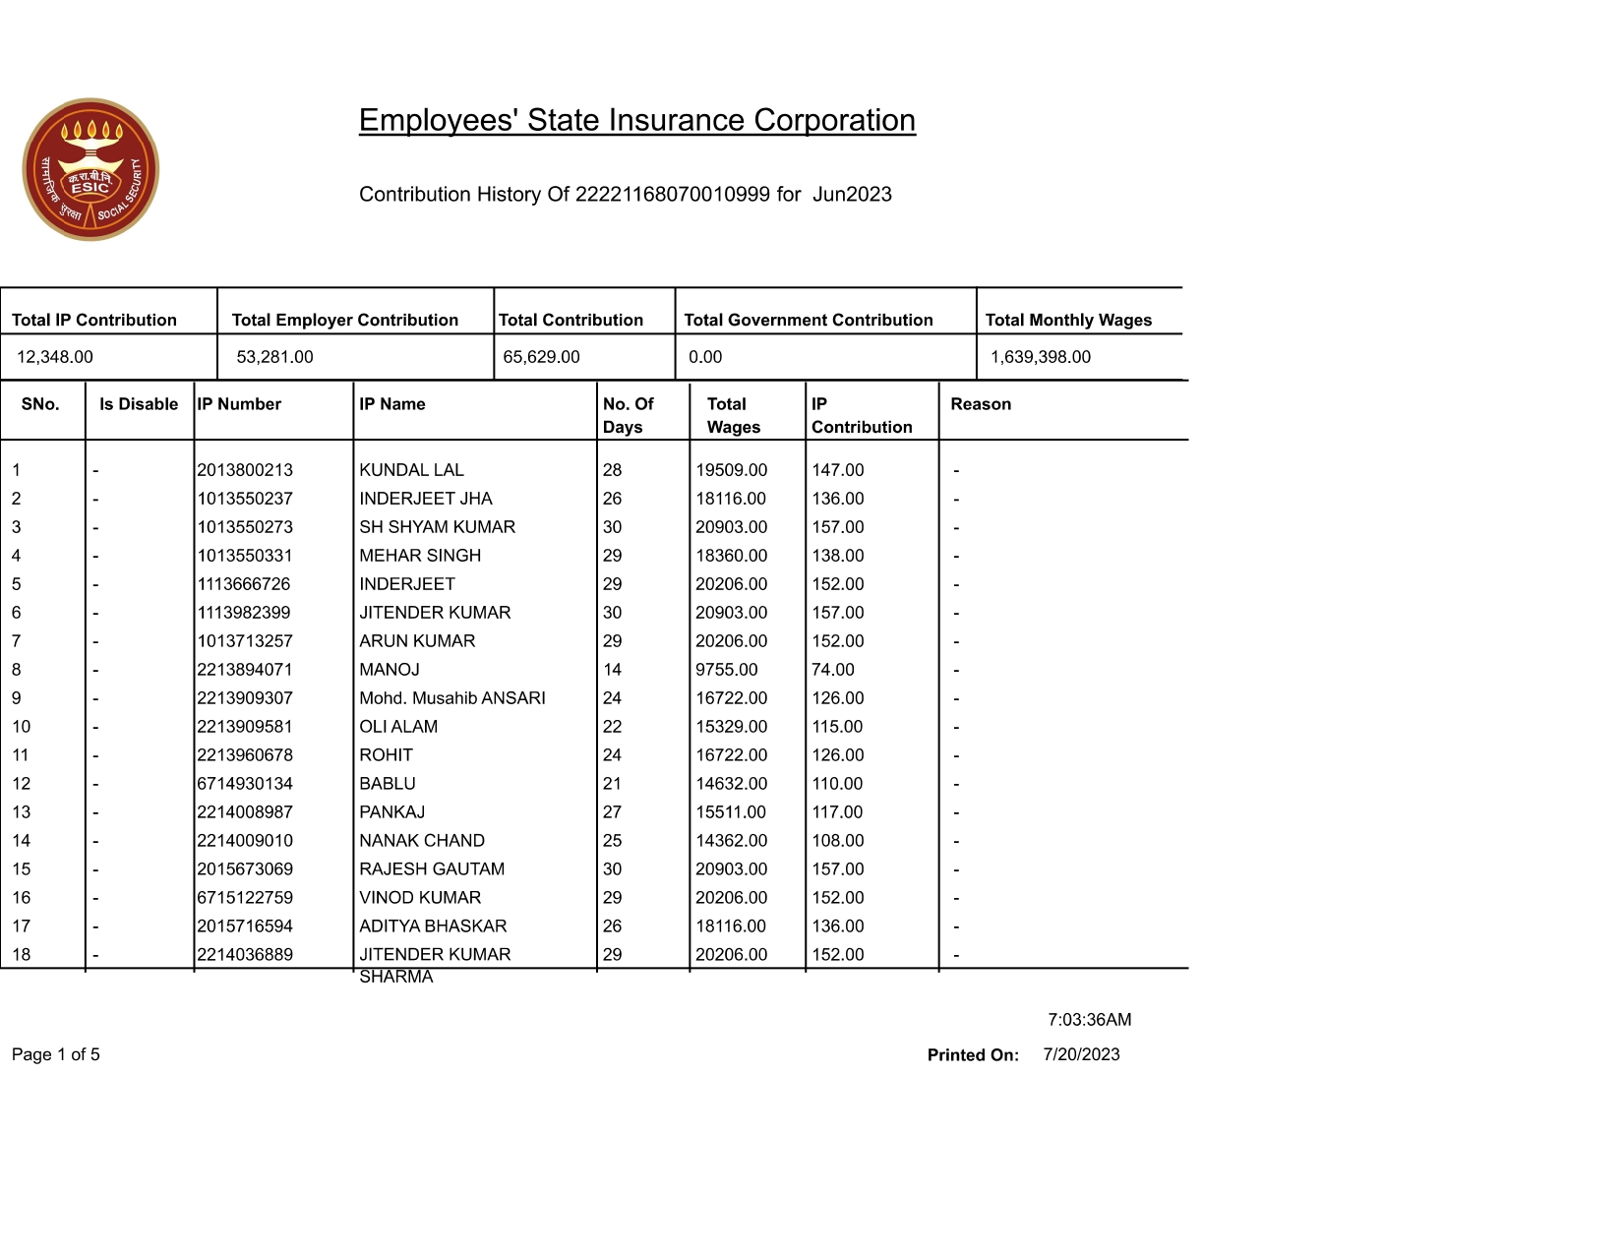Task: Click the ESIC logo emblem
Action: pyautogui.click(x=90, y=169)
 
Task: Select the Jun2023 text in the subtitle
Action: pyautogui.click(x=852, y=195)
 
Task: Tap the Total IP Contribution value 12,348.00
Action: pyautogui.click(x=55, y=357)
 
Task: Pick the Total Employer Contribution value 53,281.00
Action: pyautogui.click(x=274, y=357)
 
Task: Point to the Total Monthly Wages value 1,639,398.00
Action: pyautogui.click(x=1040, y=357)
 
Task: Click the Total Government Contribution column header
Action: pyautogui.click(x=808, y=320)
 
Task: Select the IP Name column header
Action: pyautogui.click(x=391, y=404)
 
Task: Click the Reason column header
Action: pyautogui.click(x=980, y=404)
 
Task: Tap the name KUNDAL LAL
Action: pyautogui.click(x=411, y=470)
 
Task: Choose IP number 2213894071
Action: pyautogui.click(x=244, y=670)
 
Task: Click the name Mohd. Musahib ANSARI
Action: pyautogui.click(x=451, y=698)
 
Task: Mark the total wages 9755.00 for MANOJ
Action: pyautogui.click(x=726, y=670)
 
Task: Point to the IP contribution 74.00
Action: pyautogui.click(x=832, y=670)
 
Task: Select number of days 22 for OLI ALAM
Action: pyautogui.click(x=612, y=727)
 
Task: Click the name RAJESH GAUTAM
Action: pyautogui.click(x=431, y=869)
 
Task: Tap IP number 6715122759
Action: pyautogui.click(x=244, y=898)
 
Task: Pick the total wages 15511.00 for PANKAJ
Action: pyautogui.click(x=731, y=812)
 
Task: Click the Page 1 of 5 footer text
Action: pyautogui.click(x=55, y=1055)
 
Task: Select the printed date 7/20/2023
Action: pyautogui.click(x=1081, y=1054)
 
